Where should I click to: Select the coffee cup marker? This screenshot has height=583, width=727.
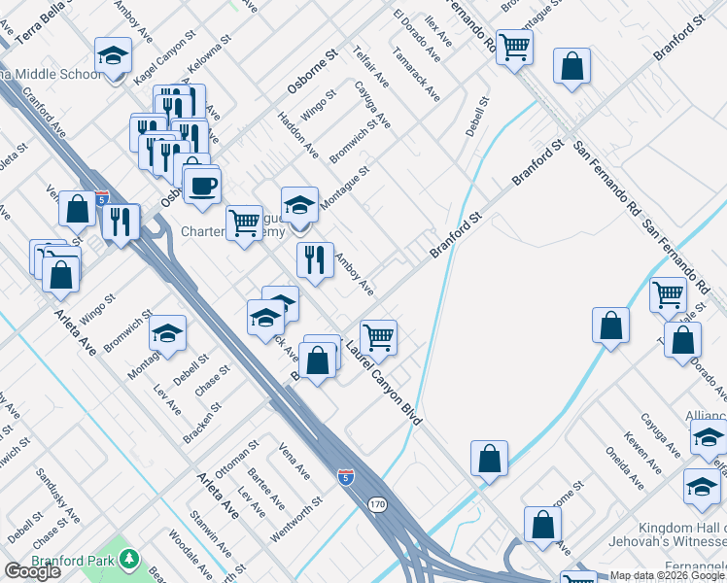202,185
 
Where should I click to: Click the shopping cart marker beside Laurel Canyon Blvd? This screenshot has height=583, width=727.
378,337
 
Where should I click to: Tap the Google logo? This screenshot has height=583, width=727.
32,571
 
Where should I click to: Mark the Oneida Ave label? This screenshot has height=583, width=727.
633,469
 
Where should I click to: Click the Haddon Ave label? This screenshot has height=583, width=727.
297,136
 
